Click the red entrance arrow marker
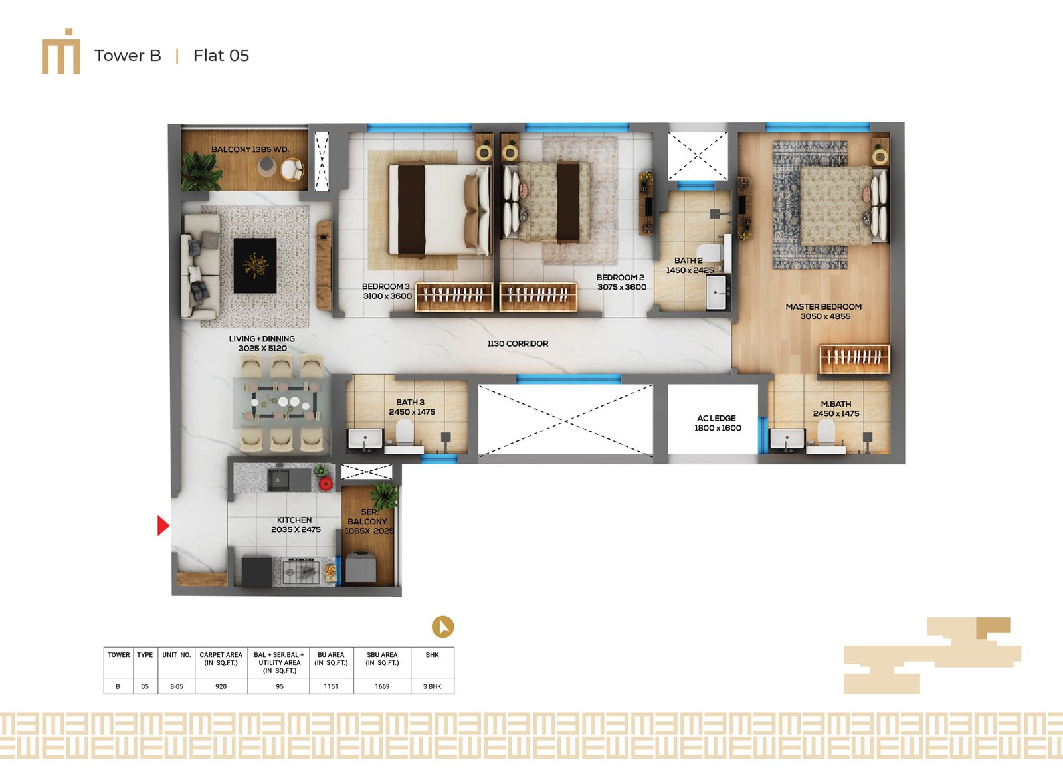click(163, 526)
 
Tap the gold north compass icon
click(442, 627)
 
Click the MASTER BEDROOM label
click(823, 307)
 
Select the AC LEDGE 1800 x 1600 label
click(717, 423)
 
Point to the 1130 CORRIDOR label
click(518, 343)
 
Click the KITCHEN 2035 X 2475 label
click(295, 524)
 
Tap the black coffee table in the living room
click(255, 265)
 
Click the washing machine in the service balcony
click(361, 567)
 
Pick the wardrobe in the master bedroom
click(854, 359)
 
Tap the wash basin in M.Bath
click(787, 438)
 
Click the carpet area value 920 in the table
click(221, 686)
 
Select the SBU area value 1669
click(382, 686)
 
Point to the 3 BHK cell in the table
click(432, 686)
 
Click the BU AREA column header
click(332, 659)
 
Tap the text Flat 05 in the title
click(221, 56)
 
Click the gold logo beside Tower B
click(60, 51)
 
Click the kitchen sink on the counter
click(278, 481)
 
